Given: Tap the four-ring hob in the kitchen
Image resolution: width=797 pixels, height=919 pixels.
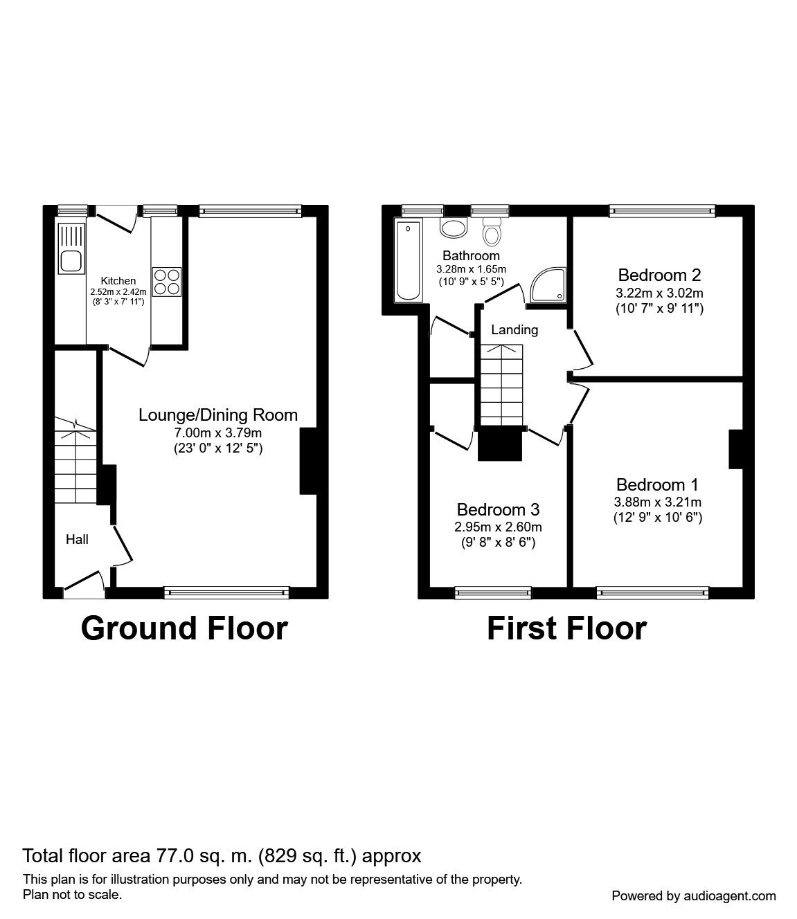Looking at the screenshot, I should [x=167, y=282].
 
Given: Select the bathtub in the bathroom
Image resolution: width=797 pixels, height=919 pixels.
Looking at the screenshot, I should [x=407, y=261].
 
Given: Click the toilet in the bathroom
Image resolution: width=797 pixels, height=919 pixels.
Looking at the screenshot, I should [x=492, y=233].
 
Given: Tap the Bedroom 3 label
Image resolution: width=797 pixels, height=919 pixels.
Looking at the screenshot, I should [x=498, y=510].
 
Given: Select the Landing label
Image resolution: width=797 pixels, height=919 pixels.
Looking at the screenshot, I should [x=514, y=330].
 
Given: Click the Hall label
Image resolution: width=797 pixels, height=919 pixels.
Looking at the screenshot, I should [x=77, y=539].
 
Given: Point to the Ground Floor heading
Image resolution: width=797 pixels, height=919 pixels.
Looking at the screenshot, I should [x=184, y=628].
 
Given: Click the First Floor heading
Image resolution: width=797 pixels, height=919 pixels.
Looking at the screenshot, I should [x=566, y=628].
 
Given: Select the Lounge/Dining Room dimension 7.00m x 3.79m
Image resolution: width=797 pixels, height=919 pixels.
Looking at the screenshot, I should [x=218, y=433].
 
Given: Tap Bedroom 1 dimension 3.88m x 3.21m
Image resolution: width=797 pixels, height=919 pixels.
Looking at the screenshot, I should [x=658, y=502].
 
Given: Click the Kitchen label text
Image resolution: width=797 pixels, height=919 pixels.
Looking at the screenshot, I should [x=118, y=281].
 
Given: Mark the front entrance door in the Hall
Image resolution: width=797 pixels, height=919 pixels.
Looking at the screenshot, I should [x=84, y=585].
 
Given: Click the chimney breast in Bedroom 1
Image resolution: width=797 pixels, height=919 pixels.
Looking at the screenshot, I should [x=735, y=450].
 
